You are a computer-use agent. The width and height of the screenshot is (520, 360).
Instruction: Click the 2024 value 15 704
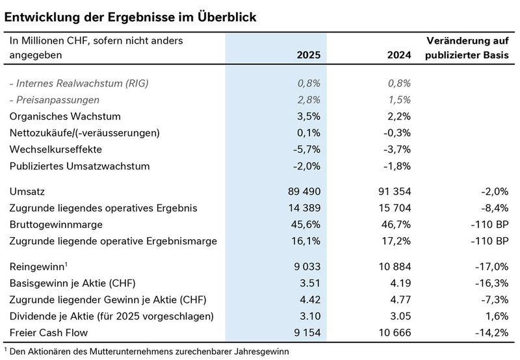pyautogui.click(x=392, y=208)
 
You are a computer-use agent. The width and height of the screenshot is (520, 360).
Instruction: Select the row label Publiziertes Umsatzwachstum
pyautogui.click(x=79, y=166)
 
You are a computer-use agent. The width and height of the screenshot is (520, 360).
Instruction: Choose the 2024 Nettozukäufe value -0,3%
pyautogui.click(x=396, y=133)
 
